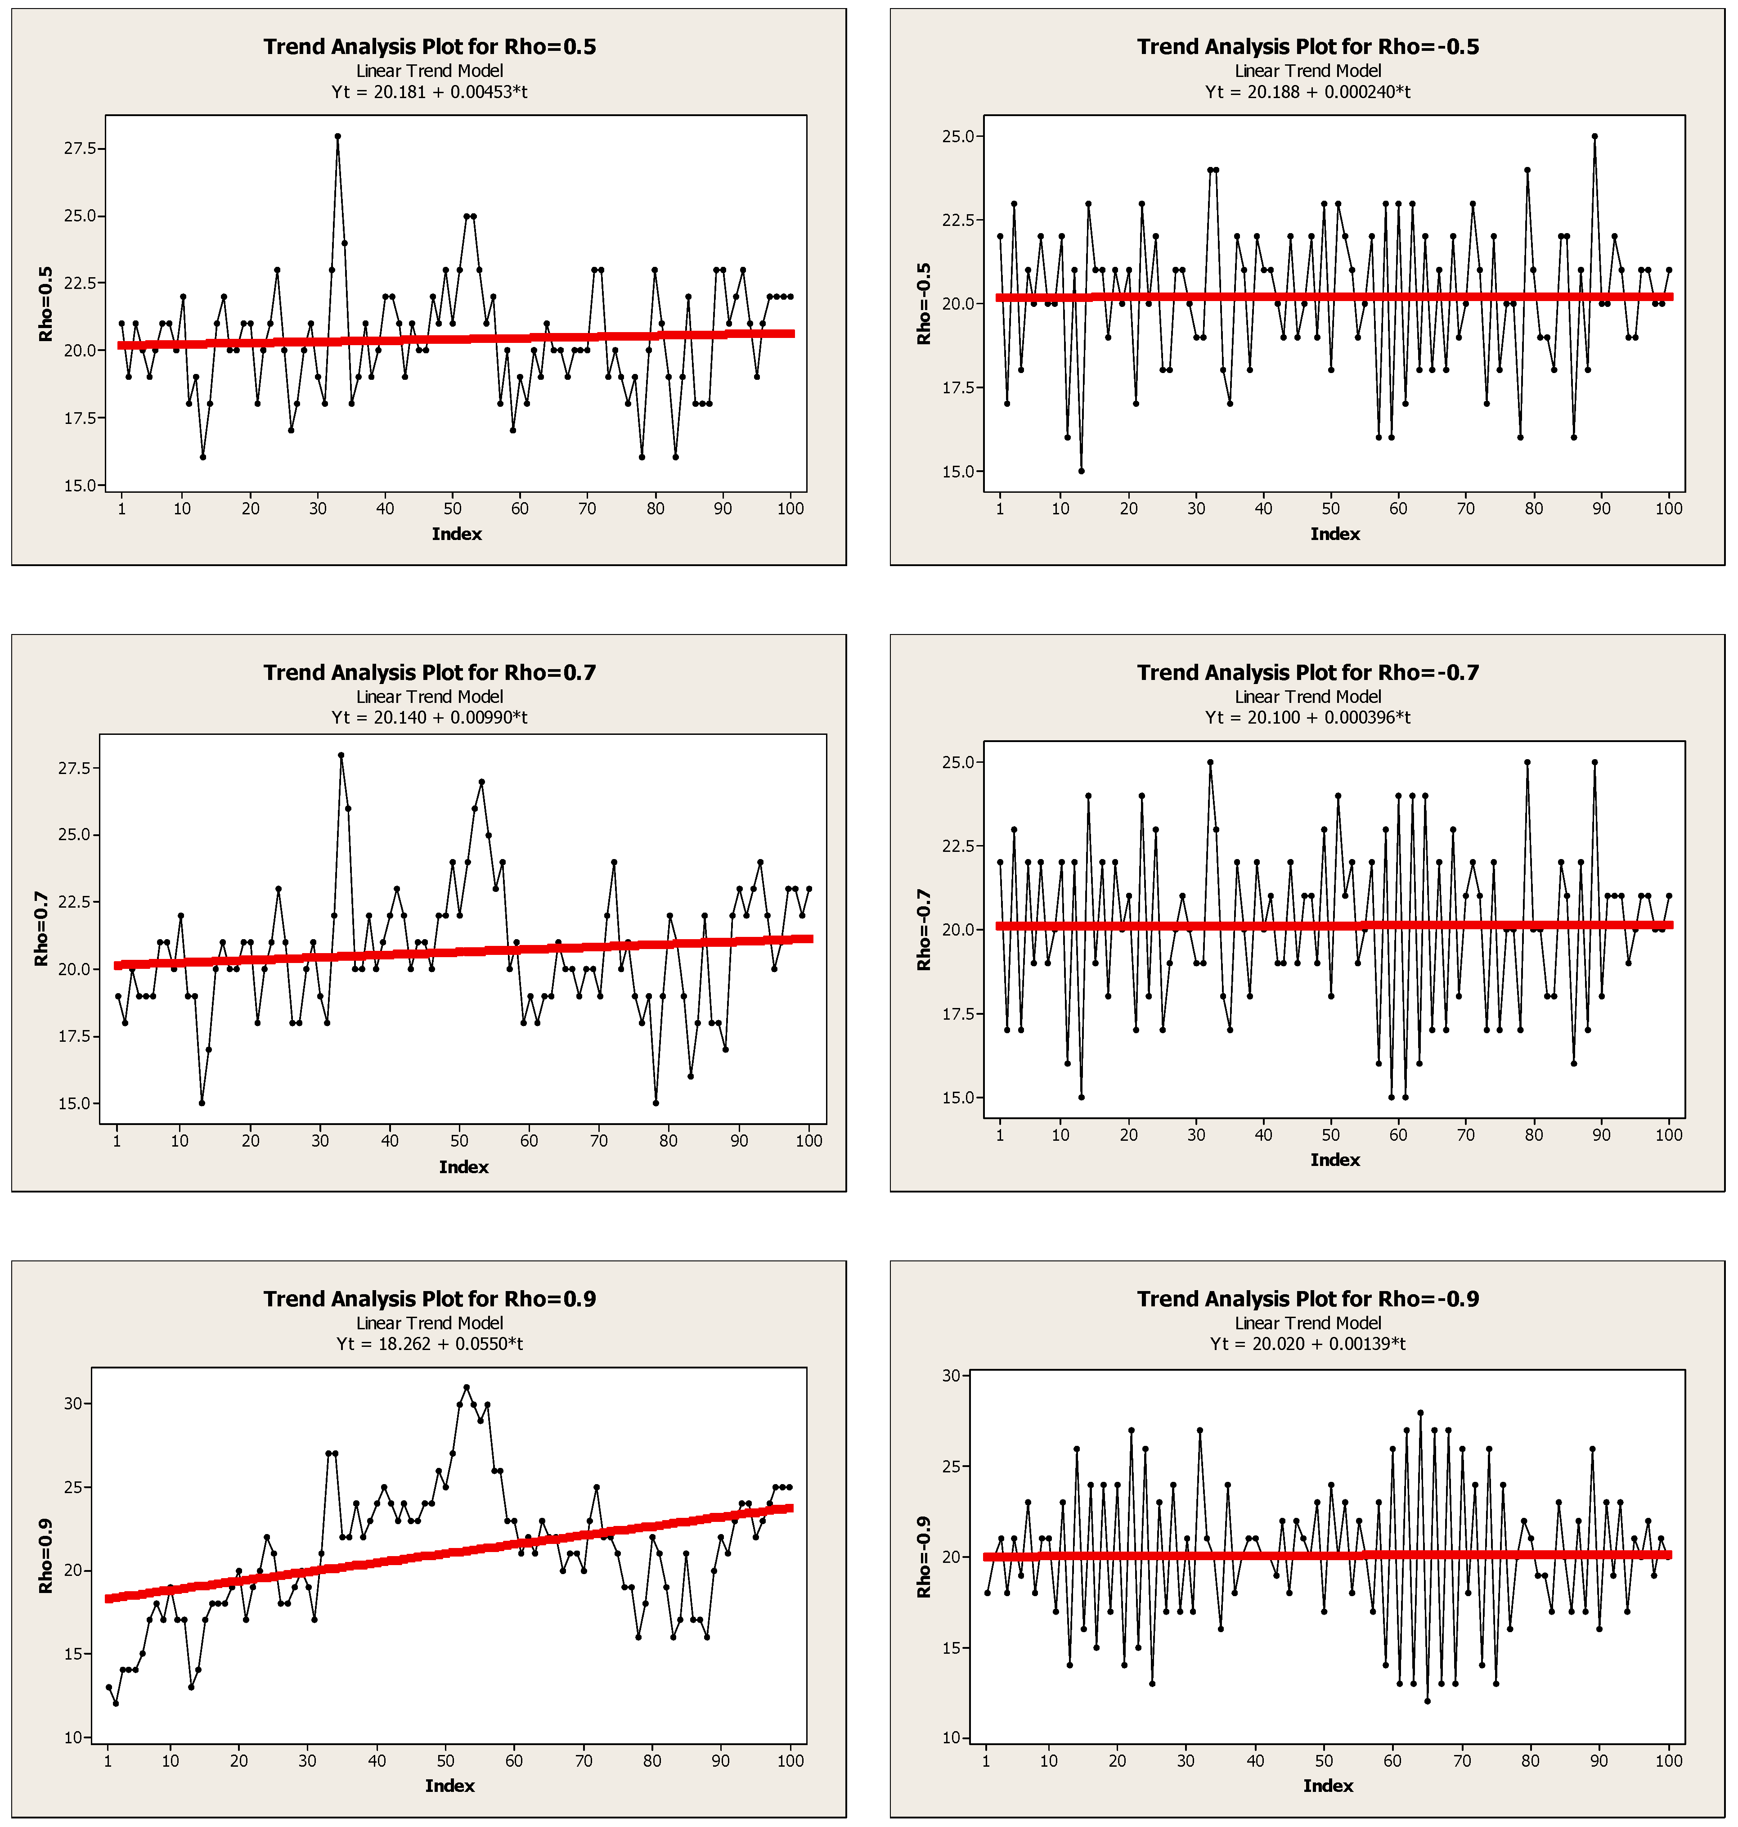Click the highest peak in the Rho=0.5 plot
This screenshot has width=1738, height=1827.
click(337, 136)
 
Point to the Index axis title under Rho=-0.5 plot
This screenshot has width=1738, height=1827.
click(1334, 534)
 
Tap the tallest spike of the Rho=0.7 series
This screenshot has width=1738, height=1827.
click(341, 755)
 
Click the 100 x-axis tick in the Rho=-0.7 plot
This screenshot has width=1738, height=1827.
click(1668, 1134)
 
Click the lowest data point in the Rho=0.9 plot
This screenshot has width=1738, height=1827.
click(116, 1703)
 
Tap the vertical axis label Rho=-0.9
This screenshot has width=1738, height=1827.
click(923, 1557)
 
